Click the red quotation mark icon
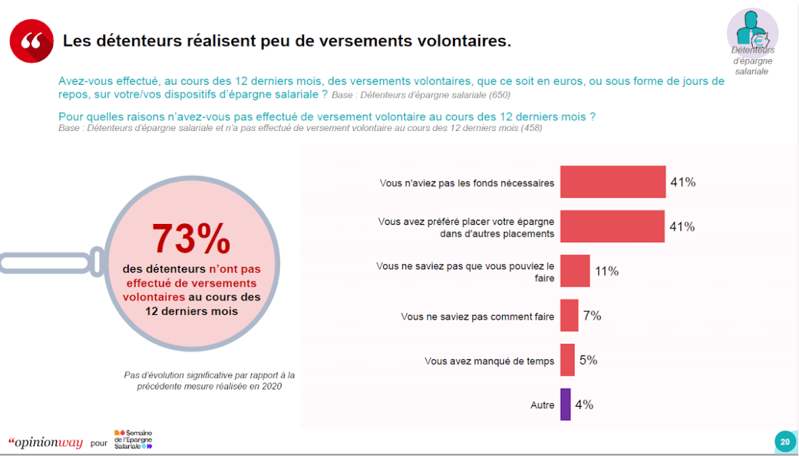coord(32,41)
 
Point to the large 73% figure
coord(191,238)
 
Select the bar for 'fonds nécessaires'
coord(612,182)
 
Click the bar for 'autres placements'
coord(612,227)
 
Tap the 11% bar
coord(574,271)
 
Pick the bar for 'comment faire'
coord(569,316)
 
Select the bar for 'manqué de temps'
coord(567,360)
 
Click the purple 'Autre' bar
coord(565,404)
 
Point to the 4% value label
coord(584,404)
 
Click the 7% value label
coord(592,316)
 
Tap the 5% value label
coord(588,360)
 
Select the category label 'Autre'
coord(542,405)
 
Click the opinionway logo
coord(45,442)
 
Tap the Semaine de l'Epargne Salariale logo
coord(134,439)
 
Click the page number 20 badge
coord(785,442)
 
